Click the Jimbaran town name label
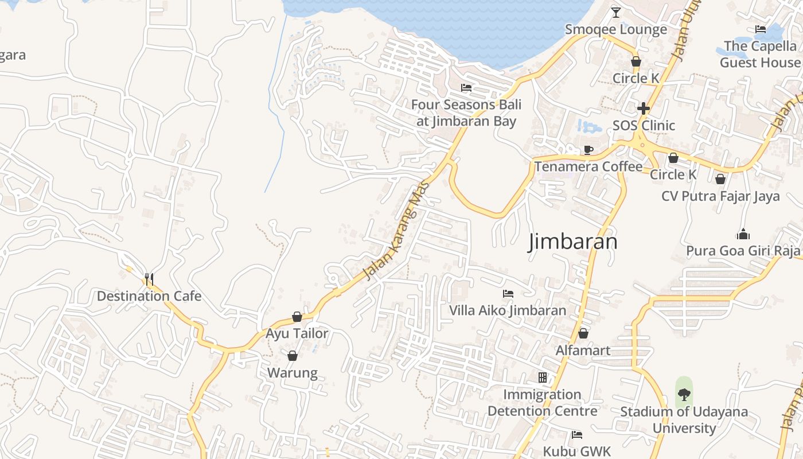572,242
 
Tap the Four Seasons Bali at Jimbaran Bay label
466,113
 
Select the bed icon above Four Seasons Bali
466,88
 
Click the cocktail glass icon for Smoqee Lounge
616,12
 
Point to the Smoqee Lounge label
616,29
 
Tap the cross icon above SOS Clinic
644,108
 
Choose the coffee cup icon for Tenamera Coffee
588,150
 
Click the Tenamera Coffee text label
588,166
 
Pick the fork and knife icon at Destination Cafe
149,279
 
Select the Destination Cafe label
149,296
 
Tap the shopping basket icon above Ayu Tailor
297,317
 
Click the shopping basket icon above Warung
293,356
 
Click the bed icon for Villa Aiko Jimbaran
508,293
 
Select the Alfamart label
583,350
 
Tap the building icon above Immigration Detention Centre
543,378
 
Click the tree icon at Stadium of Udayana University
684,394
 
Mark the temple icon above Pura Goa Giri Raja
743,234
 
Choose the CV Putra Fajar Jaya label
720,196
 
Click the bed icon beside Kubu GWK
577,434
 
